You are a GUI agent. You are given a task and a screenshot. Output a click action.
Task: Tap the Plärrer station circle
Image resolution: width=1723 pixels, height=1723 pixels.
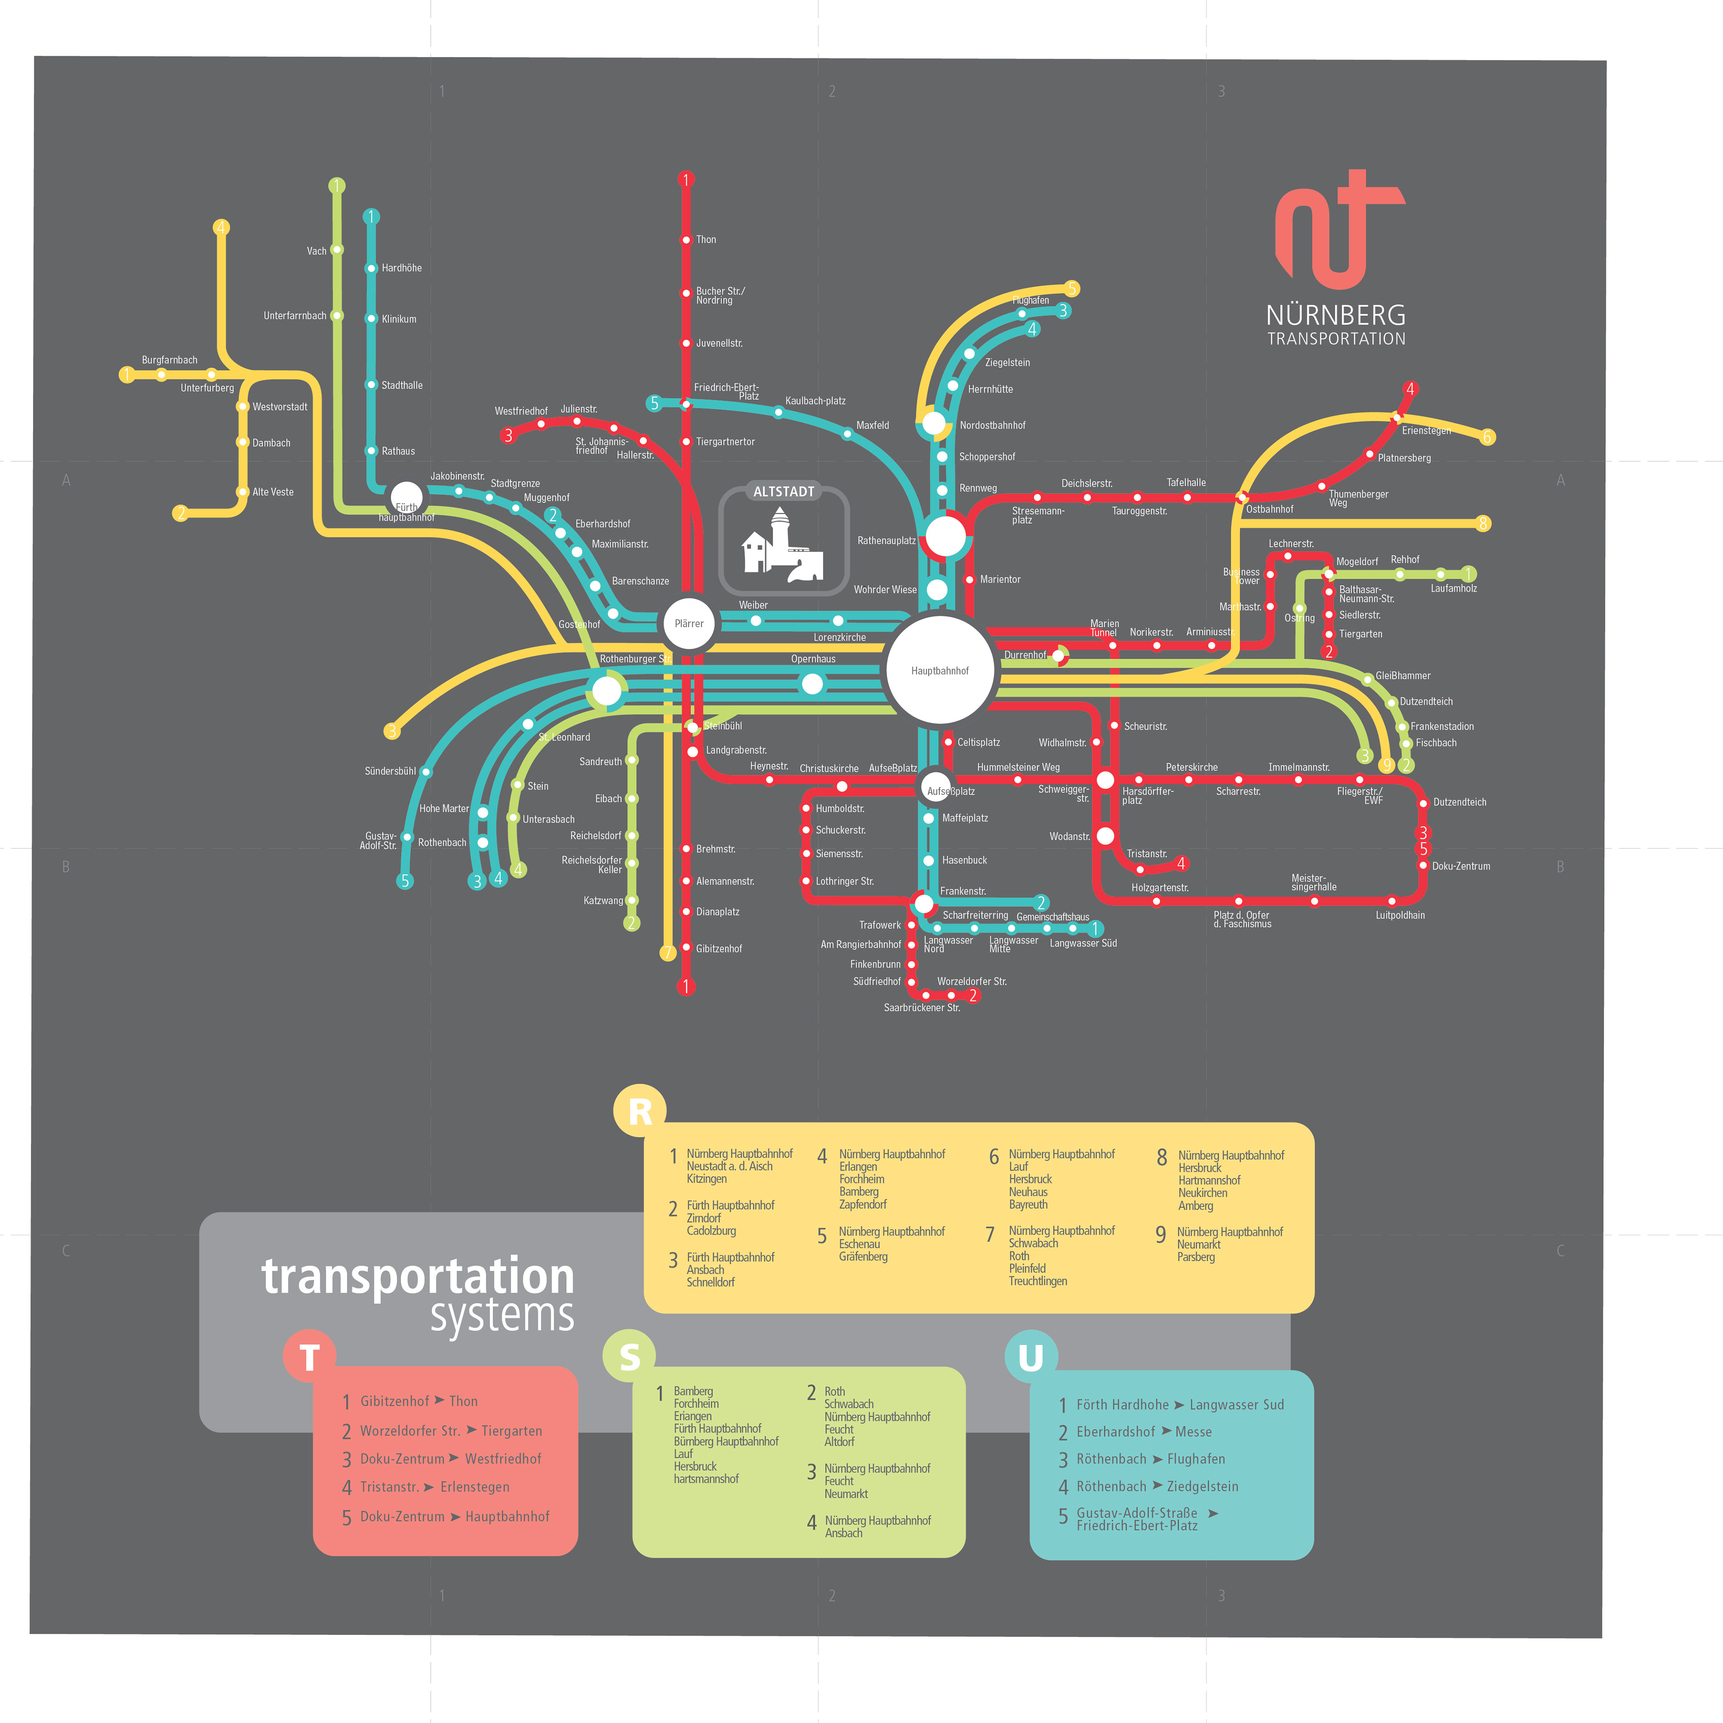point(688,623)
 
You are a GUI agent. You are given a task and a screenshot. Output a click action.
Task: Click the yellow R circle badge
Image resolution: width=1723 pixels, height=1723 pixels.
point(639,1111)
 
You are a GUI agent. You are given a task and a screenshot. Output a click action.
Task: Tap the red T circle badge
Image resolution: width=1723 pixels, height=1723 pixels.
point(309,1356)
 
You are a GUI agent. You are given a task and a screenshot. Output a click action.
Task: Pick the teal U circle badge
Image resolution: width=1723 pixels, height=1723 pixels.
point(1030,1356)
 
